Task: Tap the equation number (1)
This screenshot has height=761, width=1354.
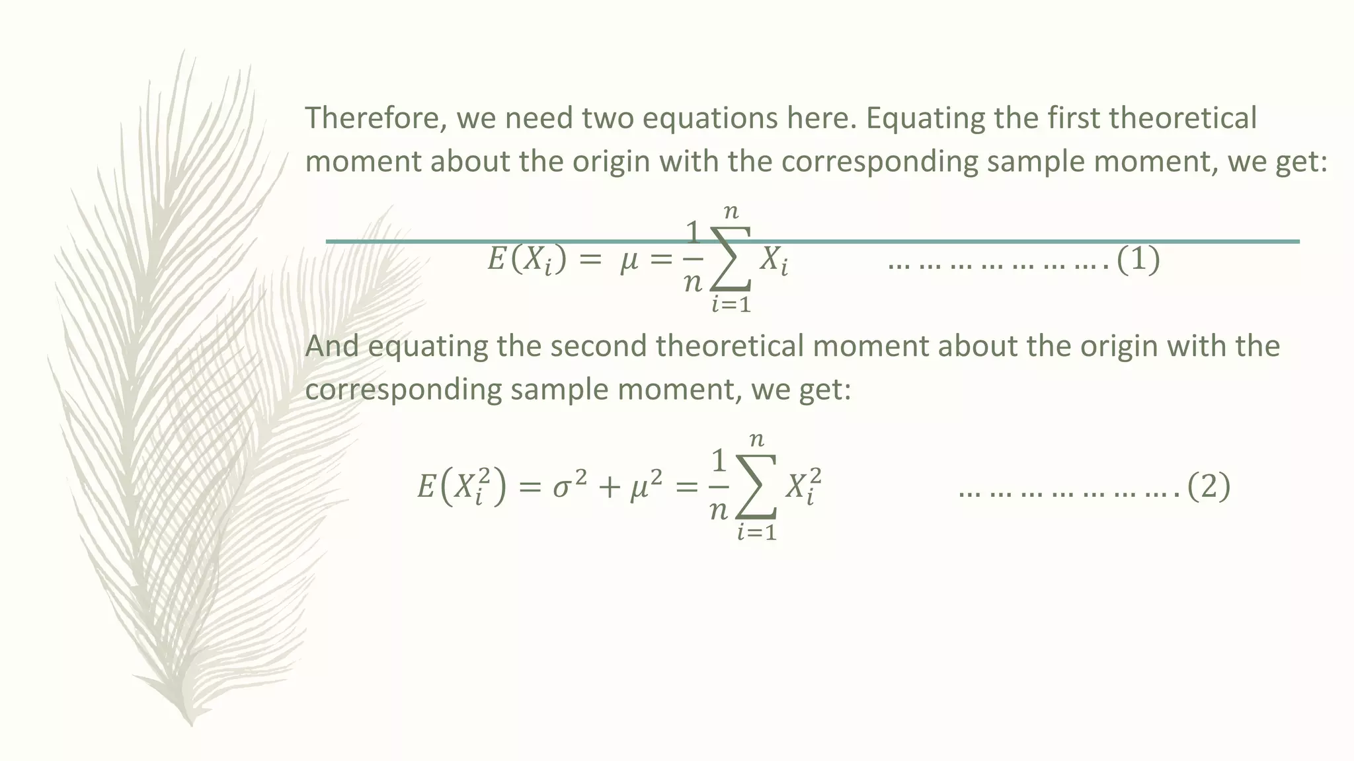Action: point(1138,260)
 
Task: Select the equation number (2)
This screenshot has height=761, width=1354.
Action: point(1209,488)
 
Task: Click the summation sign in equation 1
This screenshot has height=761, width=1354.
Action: point(731,259)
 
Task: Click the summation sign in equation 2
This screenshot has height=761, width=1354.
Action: point(756,487)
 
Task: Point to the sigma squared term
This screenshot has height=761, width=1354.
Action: point(569,488)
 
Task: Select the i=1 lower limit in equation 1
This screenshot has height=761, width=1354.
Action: point(731,305)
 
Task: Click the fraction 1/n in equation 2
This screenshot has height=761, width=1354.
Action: point(718,487)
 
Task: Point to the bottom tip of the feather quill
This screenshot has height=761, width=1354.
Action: point(190,723)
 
